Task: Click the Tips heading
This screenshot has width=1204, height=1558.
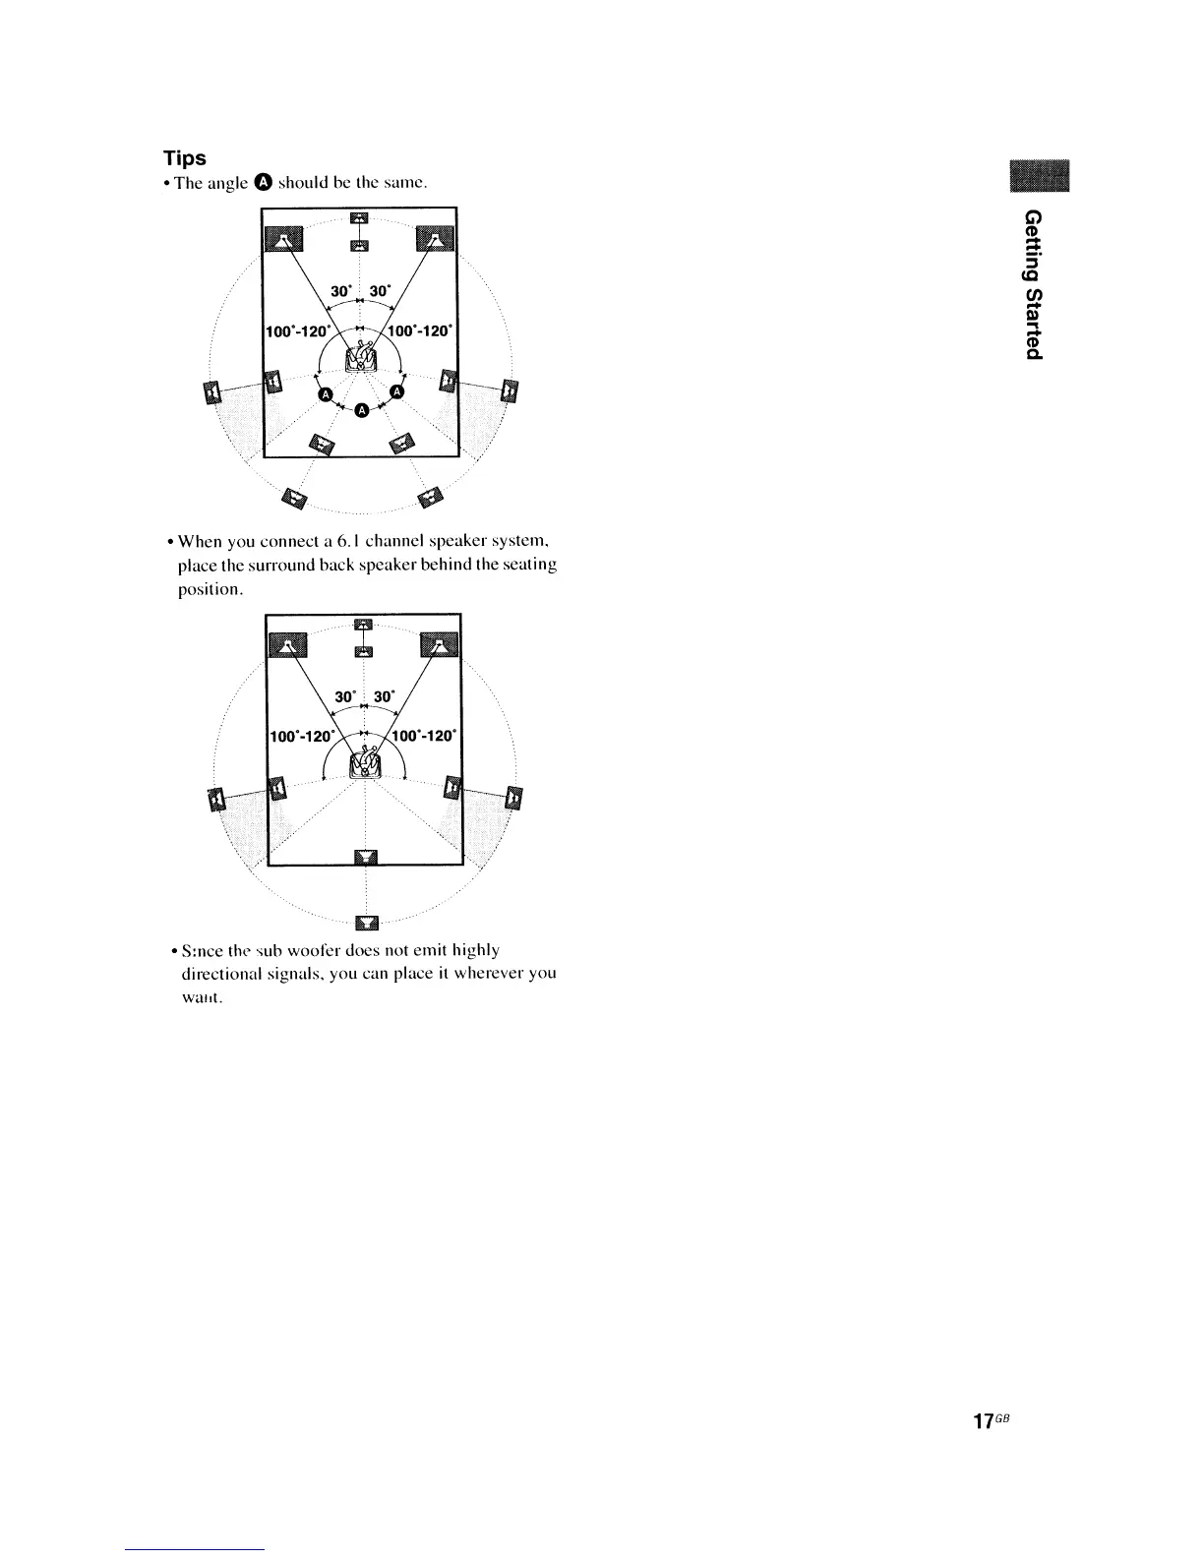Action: (x=184, y=158)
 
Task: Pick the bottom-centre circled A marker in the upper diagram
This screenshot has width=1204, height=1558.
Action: (x=360, y=410)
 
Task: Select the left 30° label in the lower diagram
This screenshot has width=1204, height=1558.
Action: (x=344, y=696)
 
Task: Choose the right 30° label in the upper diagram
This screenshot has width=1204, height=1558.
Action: (x=381, y=291)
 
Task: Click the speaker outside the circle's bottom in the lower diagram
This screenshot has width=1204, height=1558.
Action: (x=366, y=922)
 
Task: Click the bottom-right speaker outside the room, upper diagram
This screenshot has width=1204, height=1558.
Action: (x=430, y=499)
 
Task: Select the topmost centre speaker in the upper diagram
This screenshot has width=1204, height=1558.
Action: (x=359, y=218)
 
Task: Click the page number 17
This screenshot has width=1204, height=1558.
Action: (x=983, y=1421)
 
